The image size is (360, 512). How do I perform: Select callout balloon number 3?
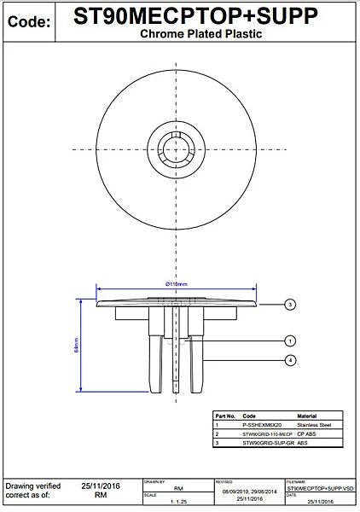[290, 304]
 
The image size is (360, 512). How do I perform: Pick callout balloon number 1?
[290, 340]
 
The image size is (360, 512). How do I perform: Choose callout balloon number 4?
[290, 361]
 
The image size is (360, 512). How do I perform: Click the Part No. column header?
[224, 415]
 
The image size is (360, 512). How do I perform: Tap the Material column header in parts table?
[307, 415]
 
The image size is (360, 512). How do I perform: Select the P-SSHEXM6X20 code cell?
[261, 424]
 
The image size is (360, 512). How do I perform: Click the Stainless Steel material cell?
[314, 424]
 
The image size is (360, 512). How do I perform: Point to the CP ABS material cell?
[305, 433]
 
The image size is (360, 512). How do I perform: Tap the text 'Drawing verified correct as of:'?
[32, 489]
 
